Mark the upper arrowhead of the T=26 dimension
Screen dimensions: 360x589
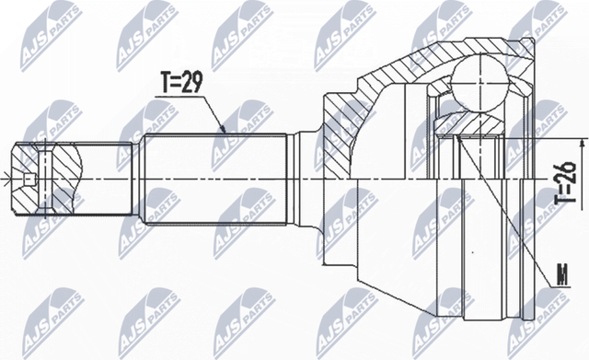pos(581,144)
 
